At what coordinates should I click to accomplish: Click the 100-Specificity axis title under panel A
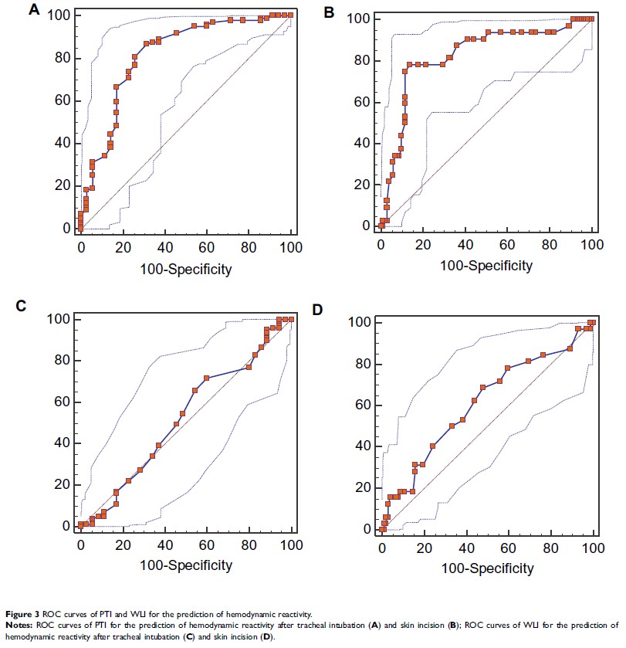(x=185, y=270)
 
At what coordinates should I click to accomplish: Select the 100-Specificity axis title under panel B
(x=486, y=266)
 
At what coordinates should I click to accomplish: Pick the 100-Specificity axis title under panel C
(x=185, y=565)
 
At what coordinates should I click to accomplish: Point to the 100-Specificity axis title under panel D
(x=486, y=569)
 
